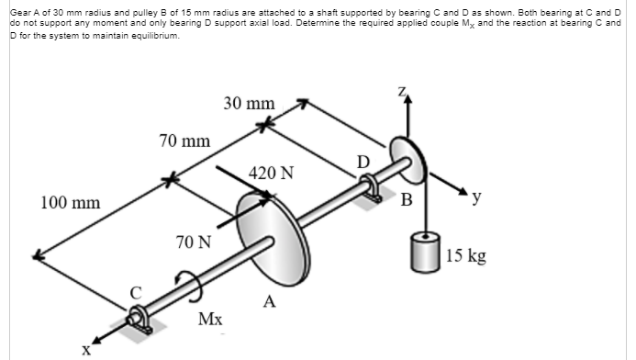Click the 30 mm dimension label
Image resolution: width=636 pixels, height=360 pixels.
pyautogui.click(x=249, y=104)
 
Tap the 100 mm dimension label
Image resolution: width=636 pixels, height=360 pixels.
pyautogui.click(x=70, y=201)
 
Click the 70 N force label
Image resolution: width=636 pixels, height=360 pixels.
pyautogui.click(x=193, y=243)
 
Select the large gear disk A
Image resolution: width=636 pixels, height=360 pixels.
pyautogui.click(x=266, y=230)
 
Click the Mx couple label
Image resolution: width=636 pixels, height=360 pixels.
pyautogui.click(x=209, y=319)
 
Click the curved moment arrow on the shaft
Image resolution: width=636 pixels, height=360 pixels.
pyautogui.click(x=187, y=284)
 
